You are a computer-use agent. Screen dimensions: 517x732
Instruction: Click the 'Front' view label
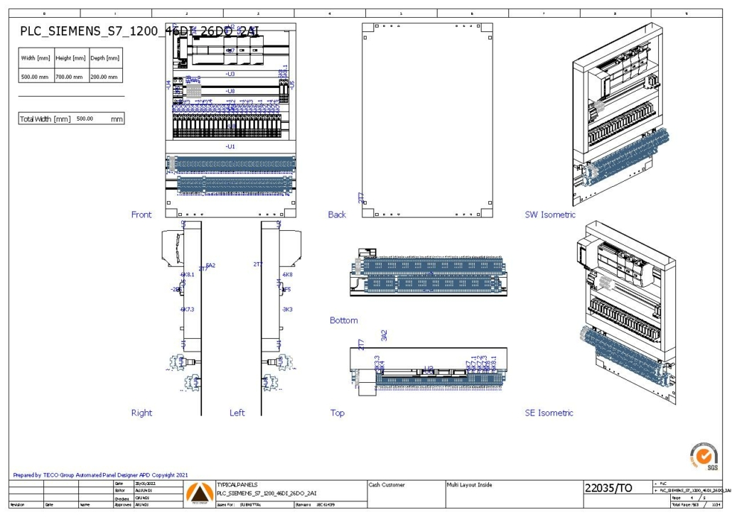pyautogui.click(x=141, y=214)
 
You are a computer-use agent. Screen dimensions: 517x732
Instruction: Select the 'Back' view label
pyautogui.click(x=337, y=214)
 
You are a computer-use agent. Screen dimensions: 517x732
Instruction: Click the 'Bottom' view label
pyautogui.click(x=344, y=320)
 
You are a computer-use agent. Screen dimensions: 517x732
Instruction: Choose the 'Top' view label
pyautogui.click(x=337, y=413)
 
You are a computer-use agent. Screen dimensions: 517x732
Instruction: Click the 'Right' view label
pyautogui.click(x=141, y=413)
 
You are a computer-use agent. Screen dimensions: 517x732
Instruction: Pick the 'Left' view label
pyautogui.click(x=237, y=413)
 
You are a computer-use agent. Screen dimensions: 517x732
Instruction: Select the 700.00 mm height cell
pyautogui.click(x=71, y=76)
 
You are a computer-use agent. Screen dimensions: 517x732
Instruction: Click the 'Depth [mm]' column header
pyautogui.click(x=104, y=58)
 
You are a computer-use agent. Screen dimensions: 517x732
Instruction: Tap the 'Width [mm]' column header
pyautogui.click(x=36, y=58)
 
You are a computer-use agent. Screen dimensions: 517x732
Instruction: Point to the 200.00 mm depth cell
pyautogui.click(x=104, y=76)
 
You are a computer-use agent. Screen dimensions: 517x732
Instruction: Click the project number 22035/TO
pyautogui.click(x=608, y=488)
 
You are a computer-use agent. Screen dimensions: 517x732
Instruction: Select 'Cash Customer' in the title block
pyautogui.click(x=387, y=485)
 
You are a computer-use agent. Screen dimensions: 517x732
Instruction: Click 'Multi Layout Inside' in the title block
pyautogui.click(x=469, y=485)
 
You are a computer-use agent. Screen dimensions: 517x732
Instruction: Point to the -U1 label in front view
pyautogui.click(x=230, y=146)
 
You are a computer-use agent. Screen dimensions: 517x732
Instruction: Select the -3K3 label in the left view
pyautogui.click(x=288, y=310)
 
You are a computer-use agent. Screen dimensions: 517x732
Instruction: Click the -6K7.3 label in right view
pyautogui.click(x=187, y=310)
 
